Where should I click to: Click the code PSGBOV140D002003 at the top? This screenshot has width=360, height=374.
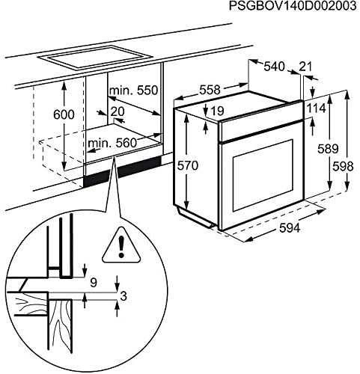tap(293, 6)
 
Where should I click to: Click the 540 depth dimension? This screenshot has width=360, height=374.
tap(274, 67)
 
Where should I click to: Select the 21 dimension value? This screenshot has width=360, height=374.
tap(305, 67)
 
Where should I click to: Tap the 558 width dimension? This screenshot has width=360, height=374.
tap(210, 90)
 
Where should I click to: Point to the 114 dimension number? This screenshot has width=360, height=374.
tap(316, 108)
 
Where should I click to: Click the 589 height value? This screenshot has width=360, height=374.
tap(328, 149)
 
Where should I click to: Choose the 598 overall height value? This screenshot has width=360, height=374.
tap(343, 167)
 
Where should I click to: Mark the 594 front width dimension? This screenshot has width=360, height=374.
tap(290, 227)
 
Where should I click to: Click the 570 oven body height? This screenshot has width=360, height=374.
tap(187, 165)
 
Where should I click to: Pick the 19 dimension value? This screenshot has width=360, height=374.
tap(217, 111)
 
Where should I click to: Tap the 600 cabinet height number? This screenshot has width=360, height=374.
tap(64, 114)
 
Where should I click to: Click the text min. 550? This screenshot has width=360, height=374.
tap(133, 91)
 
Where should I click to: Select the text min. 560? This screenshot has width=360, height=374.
tap(112, 144)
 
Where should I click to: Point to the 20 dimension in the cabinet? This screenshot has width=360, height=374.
tap(118, 111)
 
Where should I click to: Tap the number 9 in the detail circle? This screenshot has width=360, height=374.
tap(94, 283)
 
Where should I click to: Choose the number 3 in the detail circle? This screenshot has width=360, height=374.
tap(123, 296)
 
